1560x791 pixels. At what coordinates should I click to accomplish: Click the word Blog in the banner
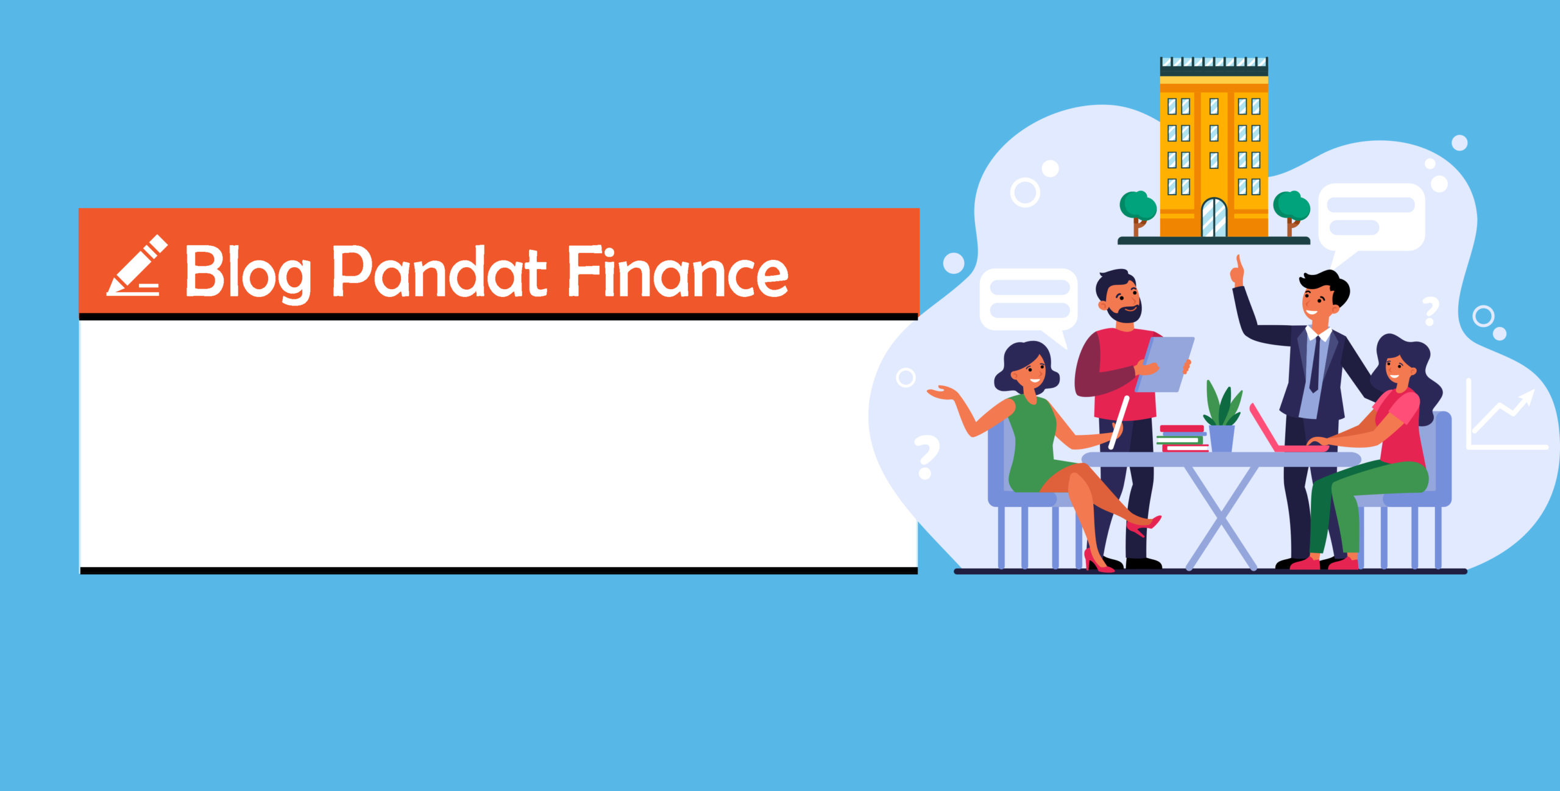(x=248, y=273)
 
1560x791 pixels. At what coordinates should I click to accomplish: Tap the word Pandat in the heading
(x=440, y=271)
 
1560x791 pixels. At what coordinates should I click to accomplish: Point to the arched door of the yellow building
(x=1214, y=217)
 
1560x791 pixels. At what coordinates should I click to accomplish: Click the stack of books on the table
(x=1182, y=438)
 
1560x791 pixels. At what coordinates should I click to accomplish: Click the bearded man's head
(x=1119, y=296)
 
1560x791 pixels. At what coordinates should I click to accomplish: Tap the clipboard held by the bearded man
(x=1165, y=364)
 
